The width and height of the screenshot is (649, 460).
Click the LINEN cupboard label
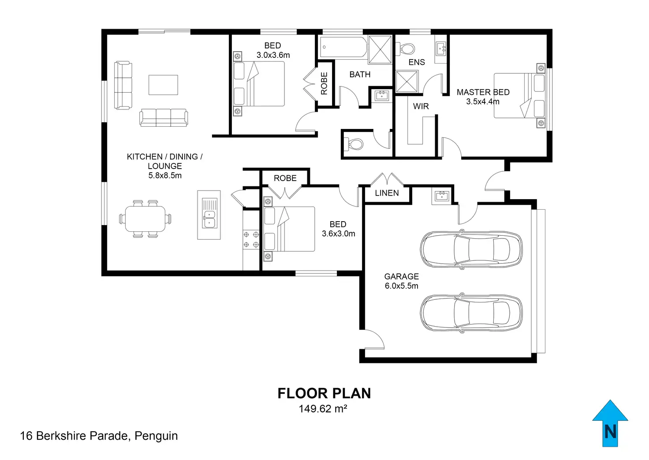[x=387, y=193]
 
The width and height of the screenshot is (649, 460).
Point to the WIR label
[x=421, y=106]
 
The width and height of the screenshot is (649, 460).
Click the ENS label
[x=417, y=62]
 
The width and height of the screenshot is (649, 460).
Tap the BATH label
[x=360, y=75]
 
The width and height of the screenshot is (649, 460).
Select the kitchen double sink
[x=209, y=214]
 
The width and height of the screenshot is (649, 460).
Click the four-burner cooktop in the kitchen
[x=251, y=240]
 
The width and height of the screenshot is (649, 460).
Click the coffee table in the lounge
[x=163, y=85]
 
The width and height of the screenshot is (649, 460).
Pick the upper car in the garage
[x=471, y=249]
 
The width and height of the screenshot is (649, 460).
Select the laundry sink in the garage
[x=440, y=196]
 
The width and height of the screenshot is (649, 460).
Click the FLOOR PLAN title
[x=324, y=393]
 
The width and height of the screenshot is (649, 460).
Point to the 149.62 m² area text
[x=323, y=409]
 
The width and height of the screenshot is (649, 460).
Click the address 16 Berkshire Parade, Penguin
[x=99, y=436]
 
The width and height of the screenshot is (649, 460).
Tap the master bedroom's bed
[x=520, y=95]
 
